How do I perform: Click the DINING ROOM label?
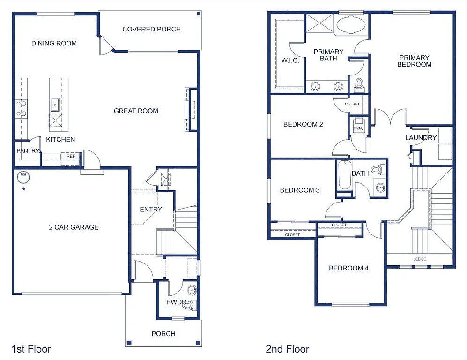54,43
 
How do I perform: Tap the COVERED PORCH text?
151,29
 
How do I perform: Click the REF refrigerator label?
71,157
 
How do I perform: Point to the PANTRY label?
28,150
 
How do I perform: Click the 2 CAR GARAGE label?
74,227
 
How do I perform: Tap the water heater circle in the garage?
22,177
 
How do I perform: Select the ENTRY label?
151,209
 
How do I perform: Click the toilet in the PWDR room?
188,305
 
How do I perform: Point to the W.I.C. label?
290,60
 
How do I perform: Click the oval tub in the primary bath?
352,25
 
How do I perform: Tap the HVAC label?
358,128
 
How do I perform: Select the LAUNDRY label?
421,137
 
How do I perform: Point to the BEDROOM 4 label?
348,268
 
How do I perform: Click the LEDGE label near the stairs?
419,259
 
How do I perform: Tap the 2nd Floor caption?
287,349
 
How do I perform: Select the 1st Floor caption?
31,349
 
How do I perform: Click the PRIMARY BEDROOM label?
414,61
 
